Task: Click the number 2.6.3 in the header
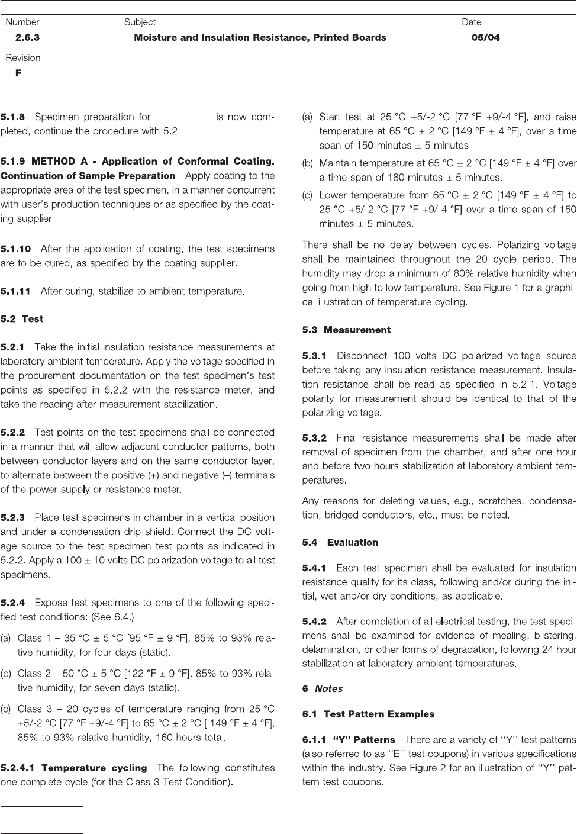click(x=27, y=38)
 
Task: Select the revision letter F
click(x=18, y=73)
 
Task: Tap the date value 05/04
click(x=485, y=38)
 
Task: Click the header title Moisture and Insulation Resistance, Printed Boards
click(x=260, y=38)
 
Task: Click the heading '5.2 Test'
click(x=22, y=319)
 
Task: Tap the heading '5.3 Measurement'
click(x=346, y=330)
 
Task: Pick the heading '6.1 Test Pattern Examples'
click(x=368, y=714)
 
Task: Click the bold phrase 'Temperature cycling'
click(x=94, y=768)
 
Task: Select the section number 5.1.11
click(x=15, y=291)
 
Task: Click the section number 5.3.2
click(x=314, y=439)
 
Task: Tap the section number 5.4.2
click(x=314, y=622)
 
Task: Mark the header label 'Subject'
click(x=140, y=22)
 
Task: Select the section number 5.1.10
click(x=16, y=249)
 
